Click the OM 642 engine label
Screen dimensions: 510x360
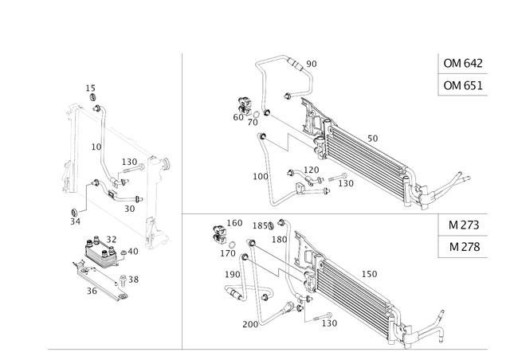463,63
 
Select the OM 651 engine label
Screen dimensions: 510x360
463,85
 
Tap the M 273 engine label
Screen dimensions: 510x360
464,225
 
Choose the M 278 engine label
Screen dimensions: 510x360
464,247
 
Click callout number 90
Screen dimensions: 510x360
312,64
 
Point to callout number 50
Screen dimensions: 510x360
373,139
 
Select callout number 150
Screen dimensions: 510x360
370,274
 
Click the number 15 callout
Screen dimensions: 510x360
90,88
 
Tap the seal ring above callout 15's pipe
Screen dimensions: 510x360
93,97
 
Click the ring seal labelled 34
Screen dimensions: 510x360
74,213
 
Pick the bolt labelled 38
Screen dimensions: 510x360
123,280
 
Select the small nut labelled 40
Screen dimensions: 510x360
124,252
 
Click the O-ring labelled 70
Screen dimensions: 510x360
257,115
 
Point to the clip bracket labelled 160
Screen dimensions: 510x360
220,234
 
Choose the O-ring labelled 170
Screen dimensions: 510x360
233,245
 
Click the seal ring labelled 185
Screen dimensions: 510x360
271,225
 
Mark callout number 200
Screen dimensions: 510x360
250,324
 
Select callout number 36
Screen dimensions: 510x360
92,291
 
